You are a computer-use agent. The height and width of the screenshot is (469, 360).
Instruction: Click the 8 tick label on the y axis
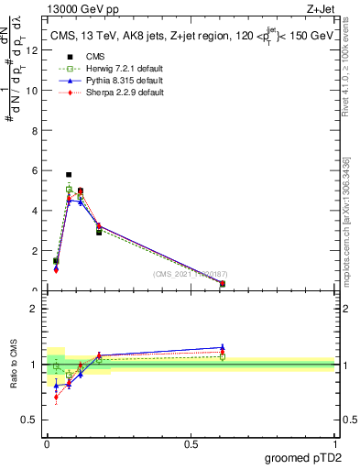[35, 131]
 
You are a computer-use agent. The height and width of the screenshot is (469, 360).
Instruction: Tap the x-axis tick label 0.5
[191, 443]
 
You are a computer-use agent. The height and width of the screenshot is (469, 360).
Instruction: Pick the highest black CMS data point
[69, 174]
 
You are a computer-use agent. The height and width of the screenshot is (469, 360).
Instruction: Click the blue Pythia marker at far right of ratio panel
[223, 348]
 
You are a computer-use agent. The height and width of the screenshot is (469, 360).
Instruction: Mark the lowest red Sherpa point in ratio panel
[57, 397]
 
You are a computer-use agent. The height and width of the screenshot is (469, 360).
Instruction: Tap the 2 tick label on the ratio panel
[35, 309]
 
